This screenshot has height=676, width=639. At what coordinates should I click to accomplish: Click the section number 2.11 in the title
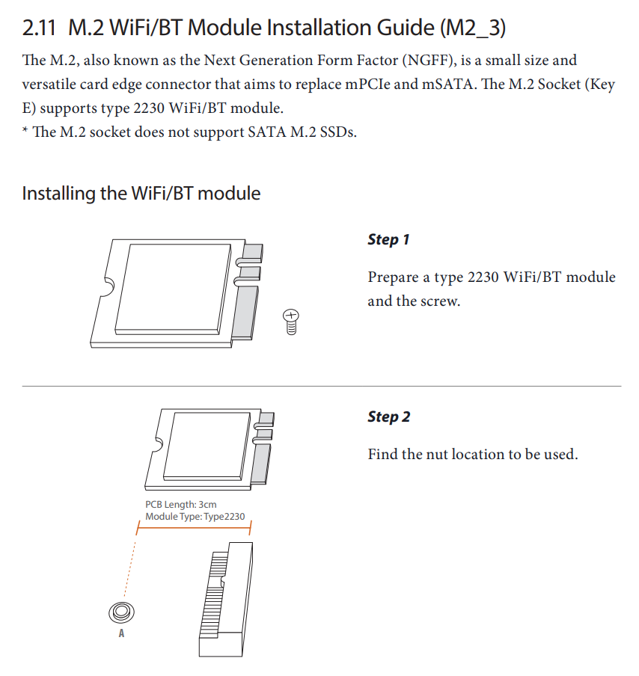coord(39,28)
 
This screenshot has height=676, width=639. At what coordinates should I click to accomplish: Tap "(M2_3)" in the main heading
coord(473,28)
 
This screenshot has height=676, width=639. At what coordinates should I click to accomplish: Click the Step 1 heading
coord(388,240)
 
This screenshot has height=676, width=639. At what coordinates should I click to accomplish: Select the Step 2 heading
coord(389,417)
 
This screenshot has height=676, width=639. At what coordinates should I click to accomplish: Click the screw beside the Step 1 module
coord(291,322)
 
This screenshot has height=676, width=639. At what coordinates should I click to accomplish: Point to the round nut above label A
coord(121,612)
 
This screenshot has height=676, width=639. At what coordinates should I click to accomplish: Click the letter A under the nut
coord(121,633)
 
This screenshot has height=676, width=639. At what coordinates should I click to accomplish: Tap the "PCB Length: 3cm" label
coord(181,505)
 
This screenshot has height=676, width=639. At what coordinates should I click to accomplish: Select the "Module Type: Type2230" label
coord(195,517)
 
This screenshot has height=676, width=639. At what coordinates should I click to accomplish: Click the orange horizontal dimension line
coord(194,528)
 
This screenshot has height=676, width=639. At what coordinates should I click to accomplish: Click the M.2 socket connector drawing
coord(226,599)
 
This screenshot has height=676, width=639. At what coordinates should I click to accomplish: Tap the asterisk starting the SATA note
coord(25,129)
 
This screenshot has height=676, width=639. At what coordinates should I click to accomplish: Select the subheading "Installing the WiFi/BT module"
coord(141,194)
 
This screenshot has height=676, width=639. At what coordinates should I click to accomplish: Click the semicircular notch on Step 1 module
coord(108,286)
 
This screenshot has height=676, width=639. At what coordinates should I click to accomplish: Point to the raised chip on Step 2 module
coord(207,446)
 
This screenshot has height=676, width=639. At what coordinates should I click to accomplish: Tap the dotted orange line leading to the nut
coord(129,569)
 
